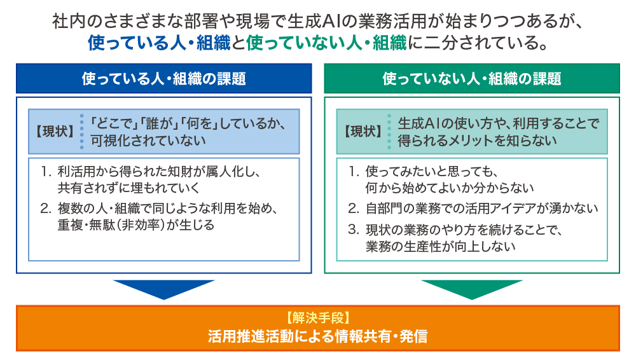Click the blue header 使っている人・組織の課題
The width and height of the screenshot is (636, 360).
[163, 79]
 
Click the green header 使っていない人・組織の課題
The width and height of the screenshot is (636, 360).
[471, 79]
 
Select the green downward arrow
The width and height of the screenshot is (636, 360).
[471, 289]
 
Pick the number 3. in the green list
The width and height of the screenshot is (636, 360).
[354, 229]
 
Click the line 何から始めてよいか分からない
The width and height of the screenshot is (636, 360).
[449, 188]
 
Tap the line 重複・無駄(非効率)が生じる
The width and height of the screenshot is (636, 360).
[136, 225]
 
